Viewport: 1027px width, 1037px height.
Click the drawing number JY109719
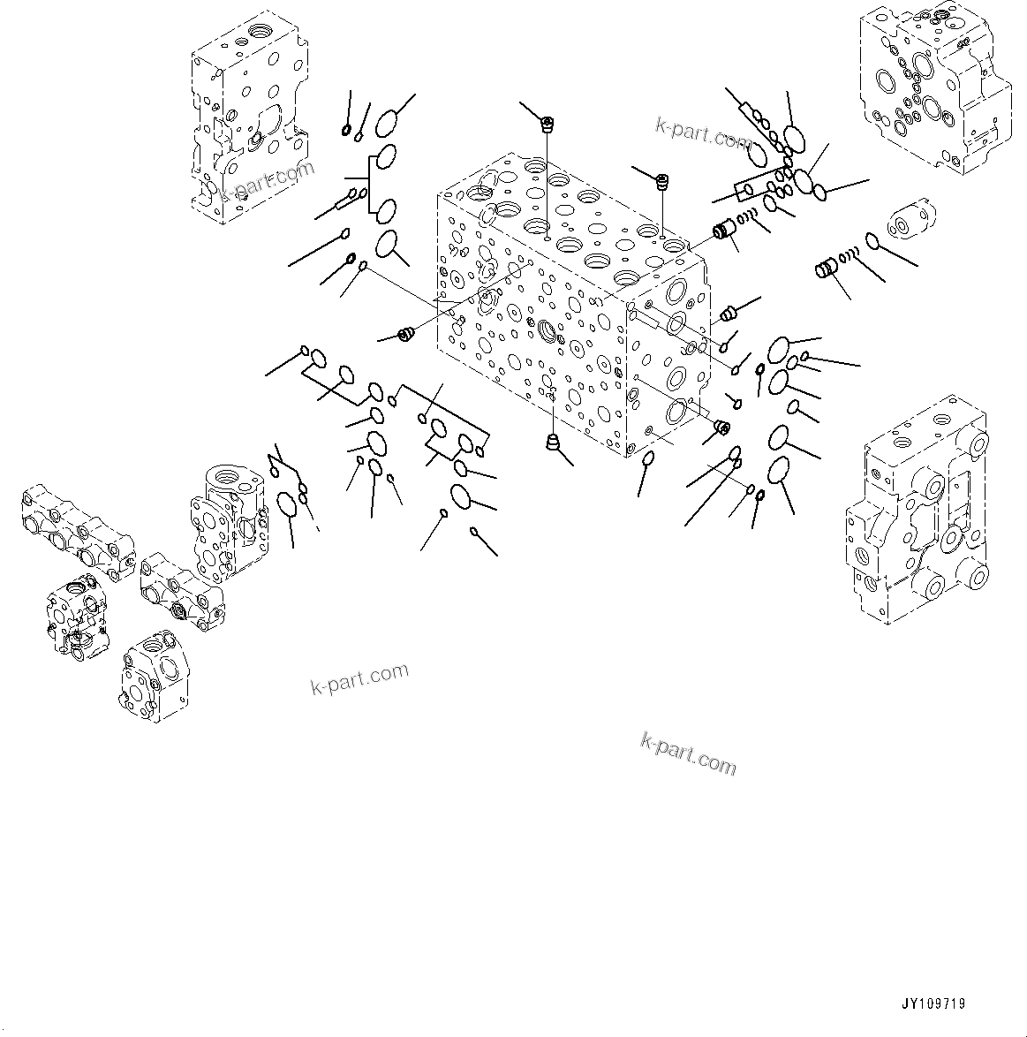click(x=933, y=1003)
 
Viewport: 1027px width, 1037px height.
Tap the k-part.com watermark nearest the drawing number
click(x=688, y=752)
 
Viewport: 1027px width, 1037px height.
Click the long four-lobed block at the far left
click(x=74, y=529)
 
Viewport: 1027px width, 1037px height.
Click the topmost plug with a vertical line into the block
click(x=547, y=124)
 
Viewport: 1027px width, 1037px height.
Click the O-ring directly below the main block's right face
click(x=647, y=458)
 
